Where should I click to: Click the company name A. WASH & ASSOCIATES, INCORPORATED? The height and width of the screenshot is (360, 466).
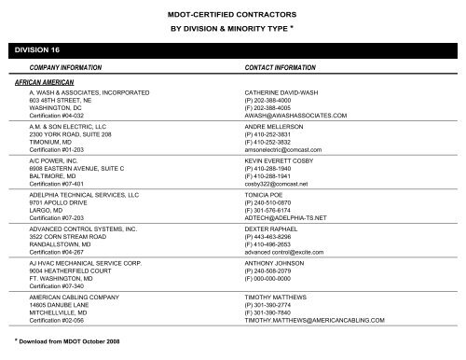coord(89,93)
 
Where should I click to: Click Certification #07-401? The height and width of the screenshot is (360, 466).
coord(57,185)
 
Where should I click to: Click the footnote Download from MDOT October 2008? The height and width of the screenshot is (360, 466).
coord(65,346)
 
